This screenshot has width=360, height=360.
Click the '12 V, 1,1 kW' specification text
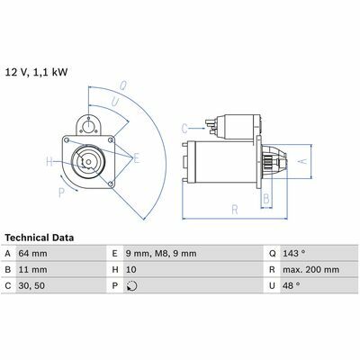pyautogui.click(x=36, y=72)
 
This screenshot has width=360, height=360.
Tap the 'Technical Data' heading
pyautogui.click(x=40, y=238)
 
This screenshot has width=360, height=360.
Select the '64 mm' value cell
pyautogui.click(x=32, y=254)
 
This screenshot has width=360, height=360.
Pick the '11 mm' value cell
pyautogui.click(x=32, y=269)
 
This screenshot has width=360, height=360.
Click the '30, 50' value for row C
pyautogui.click(x=31, y=285)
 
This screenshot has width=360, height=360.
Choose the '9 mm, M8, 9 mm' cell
pyautogui.click(x=161, y=254)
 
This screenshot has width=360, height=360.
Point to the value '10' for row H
pyautogui.click(x=130, y=269)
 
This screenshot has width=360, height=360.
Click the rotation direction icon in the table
pyautogui.click(x=132, y=286)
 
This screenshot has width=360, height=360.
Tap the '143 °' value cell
pyautogui.click(x=294, y=254)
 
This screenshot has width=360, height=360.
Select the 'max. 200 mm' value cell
pyautogui.click(x=310, y=269)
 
